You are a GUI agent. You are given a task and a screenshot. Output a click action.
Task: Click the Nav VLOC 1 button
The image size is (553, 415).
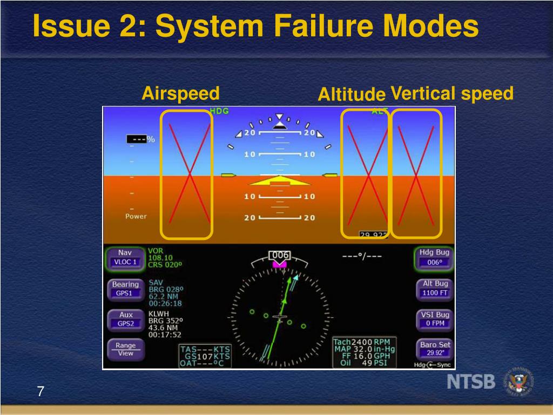(x=125, y=257)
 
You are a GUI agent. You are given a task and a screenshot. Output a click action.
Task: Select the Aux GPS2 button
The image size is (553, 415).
(x=125, y=319)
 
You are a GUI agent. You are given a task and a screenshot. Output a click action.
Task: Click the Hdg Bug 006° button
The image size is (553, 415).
(x=434, y=257)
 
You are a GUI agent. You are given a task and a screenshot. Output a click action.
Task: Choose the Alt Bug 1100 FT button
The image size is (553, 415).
(x=435, y=288)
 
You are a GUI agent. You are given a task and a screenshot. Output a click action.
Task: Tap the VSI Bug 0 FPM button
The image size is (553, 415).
(x=435, y=319)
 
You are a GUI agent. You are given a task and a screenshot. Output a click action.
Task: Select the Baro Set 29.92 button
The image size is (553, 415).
(x=435, y=349)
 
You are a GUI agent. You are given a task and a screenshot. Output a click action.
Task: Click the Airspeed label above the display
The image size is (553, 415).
(x=180, y=93)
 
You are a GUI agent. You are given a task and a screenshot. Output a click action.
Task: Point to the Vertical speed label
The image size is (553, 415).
(x=451, y=93)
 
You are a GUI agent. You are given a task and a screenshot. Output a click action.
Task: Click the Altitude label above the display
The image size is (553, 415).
(x=351, y=95)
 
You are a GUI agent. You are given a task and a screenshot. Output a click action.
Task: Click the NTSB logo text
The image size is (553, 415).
(x=471, y=381)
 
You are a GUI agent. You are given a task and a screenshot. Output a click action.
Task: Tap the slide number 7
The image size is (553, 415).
(x=40, y=391)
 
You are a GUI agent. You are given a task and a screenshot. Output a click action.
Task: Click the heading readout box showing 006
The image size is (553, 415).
(x=280, y=255)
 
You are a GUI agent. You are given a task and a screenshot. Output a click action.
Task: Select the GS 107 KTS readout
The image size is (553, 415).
(x=205, y=357)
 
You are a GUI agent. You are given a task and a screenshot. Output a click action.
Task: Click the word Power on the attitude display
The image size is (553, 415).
(x=136, y=216)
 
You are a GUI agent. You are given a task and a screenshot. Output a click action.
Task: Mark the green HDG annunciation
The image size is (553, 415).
(x=219, y=111)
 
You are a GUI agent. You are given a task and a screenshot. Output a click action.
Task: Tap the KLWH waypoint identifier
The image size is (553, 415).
(x=159, y=313)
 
